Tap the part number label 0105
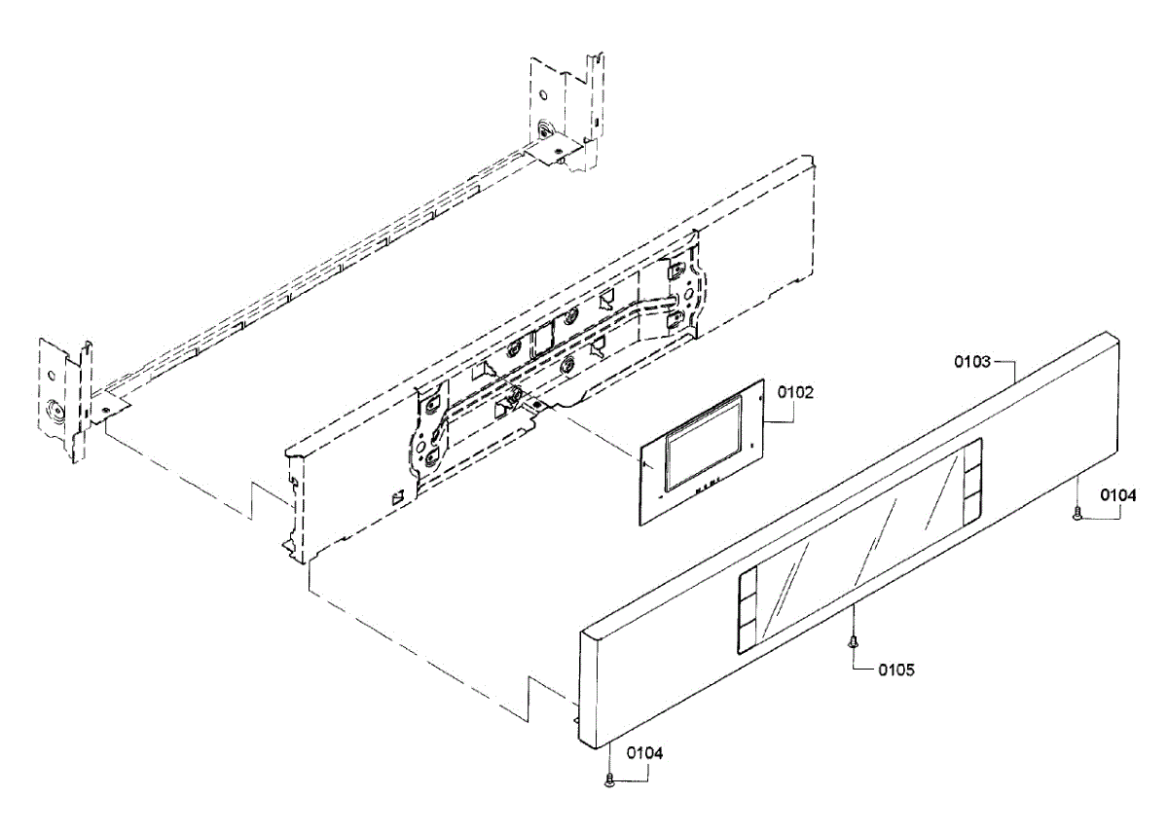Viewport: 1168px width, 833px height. pyautogui.click(x=895, y=670)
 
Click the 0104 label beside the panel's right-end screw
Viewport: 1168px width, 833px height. pyautogui.click(x=1118, y=495)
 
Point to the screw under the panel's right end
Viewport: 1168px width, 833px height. pyautogui.click(x=1077, y=516)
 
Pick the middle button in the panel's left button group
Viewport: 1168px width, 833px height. pyautogui.click(x=748, y=613)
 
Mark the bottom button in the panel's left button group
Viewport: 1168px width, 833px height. pyautogui.click(x=748, y=638)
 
